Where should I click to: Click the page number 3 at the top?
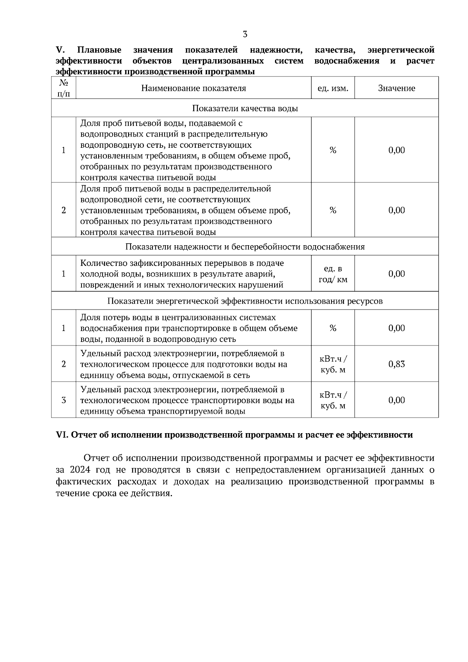coord(245,34)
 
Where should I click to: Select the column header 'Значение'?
coord(396,88)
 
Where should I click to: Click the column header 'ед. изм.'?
coord(333,88)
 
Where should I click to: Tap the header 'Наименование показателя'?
coord(193,88)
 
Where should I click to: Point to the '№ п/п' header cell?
coord(64,88)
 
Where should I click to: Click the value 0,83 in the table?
coord(396,364)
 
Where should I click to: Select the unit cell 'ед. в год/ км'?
coord(333,274)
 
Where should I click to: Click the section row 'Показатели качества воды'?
coord(245,108)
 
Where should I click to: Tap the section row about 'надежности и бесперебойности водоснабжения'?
coord(245,247)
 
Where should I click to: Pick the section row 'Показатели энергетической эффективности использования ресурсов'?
coord(245,301)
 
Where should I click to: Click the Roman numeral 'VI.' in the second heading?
coord(62,435)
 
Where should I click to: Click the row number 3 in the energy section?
coord(64,400)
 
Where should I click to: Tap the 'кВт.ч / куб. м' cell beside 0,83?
coord(333,364)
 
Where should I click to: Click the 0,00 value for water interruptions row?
coord(396,274)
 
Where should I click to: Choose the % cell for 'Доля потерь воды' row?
coord(333,328)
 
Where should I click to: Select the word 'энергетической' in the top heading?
coord(401,50)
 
